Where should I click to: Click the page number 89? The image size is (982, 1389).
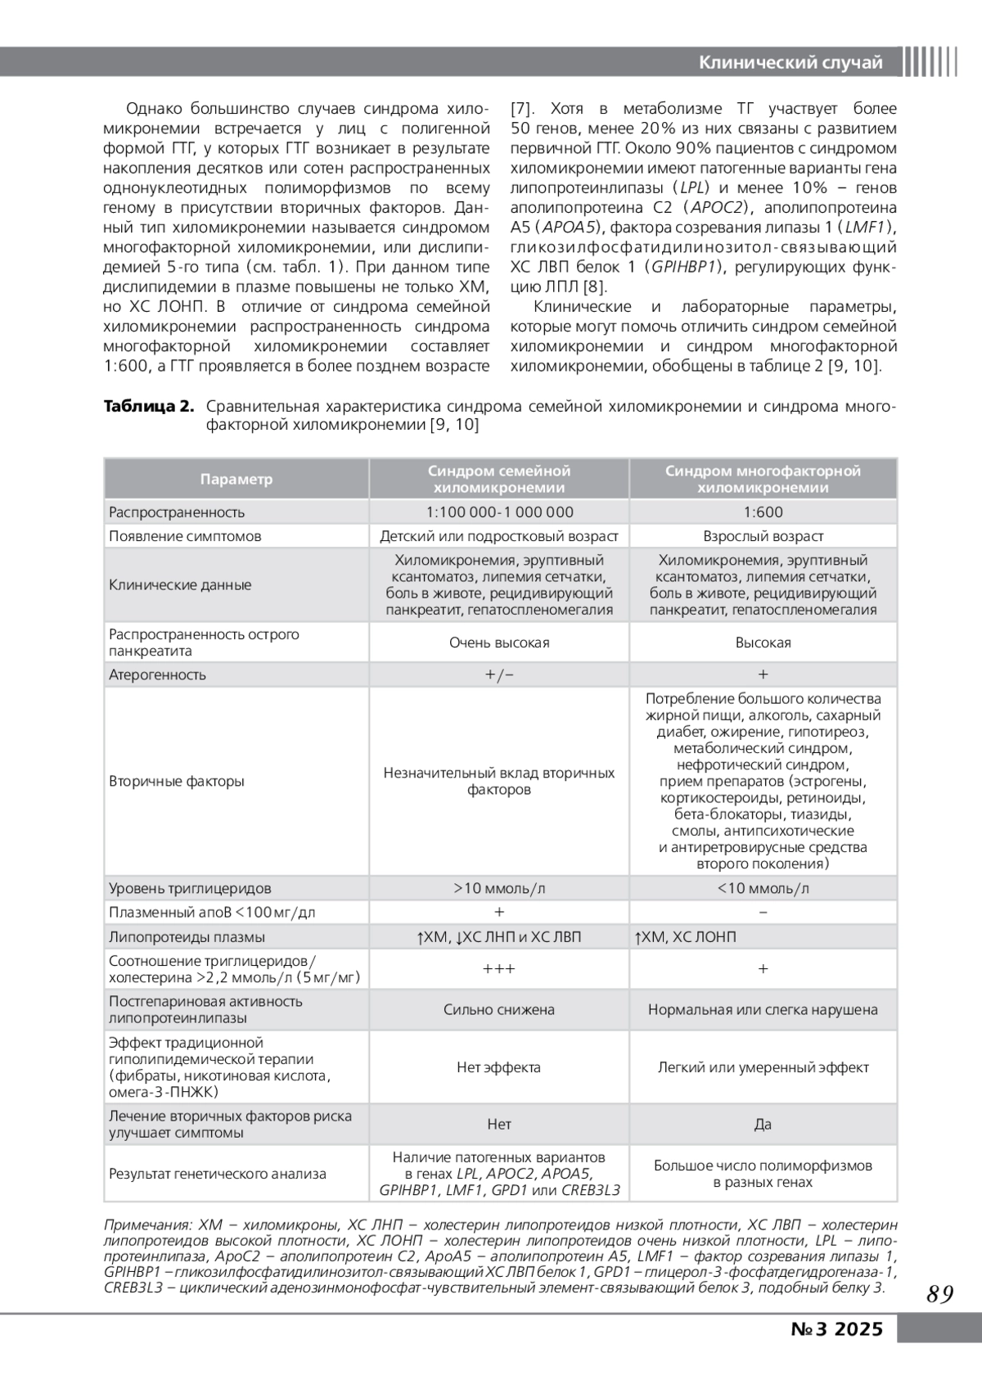click(940, 1294)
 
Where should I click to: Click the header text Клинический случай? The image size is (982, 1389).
click(791, 63)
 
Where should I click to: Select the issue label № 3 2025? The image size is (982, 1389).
click(837, 1328)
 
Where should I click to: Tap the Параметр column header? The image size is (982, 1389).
click(236, 480)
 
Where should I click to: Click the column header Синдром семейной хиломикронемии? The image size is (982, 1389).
click(498, 480)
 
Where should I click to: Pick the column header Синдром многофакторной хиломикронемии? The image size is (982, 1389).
click(763, 480)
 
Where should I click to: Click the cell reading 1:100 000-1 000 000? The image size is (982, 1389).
click(499, 512)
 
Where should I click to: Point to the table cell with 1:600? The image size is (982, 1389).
click(763, 512)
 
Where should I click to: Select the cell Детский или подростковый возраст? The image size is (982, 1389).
click(499, 536)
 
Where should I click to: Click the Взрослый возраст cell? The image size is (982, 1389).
click(763, 536)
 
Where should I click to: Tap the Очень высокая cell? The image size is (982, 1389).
click(499, 643)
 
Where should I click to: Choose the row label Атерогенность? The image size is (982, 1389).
click(157, 675)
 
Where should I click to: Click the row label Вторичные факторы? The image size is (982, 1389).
click(177, 782)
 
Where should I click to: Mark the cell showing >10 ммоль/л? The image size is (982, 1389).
click(499, 888)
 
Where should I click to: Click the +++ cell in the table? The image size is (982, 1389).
click(499, 969)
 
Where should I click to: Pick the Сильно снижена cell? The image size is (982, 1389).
click(499, 1010)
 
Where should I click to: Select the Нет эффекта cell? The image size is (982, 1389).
click(499, 1067)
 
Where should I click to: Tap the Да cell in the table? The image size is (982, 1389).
click(763, 1125)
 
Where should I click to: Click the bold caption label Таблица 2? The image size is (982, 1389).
click(148, 407)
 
